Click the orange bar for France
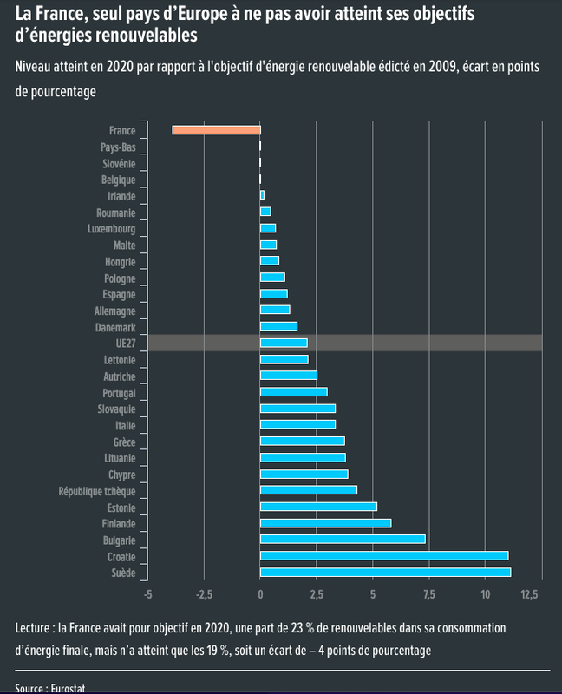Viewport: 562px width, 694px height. pos(216,130)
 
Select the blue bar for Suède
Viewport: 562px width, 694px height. pos(385,572)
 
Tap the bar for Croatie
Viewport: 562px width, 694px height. pos(384,555)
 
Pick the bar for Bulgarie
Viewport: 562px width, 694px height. pos(343,539)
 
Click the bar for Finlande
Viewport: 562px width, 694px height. pos(325,523)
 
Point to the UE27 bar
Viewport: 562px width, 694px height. pos(284,344)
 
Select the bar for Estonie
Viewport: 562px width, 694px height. pos(318,507)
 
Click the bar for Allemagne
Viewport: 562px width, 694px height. pos(275,311)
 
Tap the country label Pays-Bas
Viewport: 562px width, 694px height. pos(118,147)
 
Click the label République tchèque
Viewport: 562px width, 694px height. pos(97,491)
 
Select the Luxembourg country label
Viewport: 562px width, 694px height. pos(112,229)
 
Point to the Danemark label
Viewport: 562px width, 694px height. pos(114,327)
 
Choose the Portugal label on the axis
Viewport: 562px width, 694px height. pos(118,393)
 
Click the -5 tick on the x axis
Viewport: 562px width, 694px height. pos(147,595)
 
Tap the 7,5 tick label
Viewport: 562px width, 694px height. pos(428,595)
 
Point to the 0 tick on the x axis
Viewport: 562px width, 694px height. pos(260,595)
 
